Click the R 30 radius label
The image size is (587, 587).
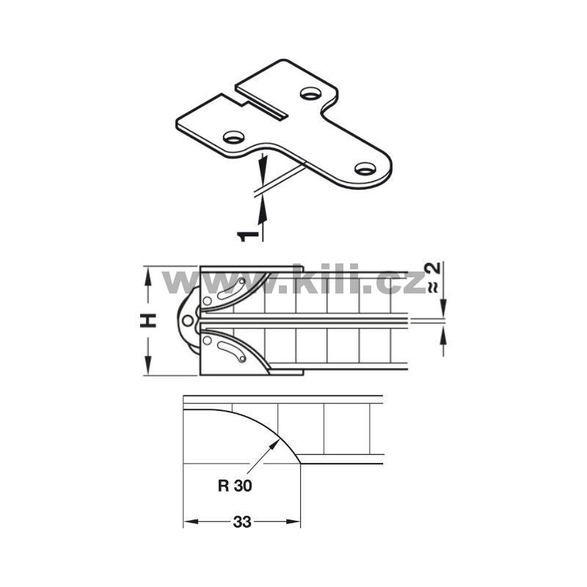[x=235, y=486]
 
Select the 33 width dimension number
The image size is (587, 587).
[x=242, y=522]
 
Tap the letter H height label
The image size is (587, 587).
[x=148, y=321]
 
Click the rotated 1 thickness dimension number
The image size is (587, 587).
[x=248, y=236]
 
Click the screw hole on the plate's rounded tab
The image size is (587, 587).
[x=365, y=169]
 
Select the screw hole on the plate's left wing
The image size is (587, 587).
[x=233, y=137]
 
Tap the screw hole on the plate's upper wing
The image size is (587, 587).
[x=310, y=93]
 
